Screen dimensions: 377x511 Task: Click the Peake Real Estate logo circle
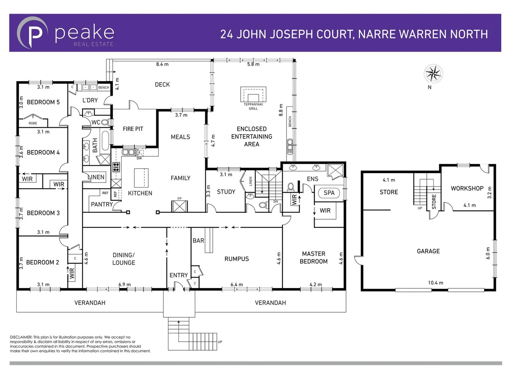[33, 32]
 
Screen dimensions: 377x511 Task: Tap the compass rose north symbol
[433, 74]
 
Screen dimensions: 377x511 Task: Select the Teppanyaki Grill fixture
[253, 94]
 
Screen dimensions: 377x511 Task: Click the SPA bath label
[329, 193]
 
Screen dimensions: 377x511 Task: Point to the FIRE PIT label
[133, 129]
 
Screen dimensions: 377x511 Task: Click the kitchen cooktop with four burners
[116, 167]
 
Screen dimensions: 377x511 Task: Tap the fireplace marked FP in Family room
[180, 206]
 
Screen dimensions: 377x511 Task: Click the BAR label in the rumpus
[198, 241]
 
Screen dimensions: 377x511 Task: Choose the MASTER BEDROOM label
[314, 258]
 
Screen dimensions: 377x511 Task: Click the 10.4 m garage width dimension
[436, 283]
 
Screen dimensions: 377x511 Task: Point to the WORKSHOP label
[467, 188]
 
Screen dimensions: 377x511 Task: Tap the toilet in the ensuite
[291, 187]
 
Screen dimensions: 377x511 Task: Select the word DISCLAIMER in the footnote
[21, 337]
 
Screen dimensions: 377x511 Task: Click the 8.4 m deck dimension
[162, 64]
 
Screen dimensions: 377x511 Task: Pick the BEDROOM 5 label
[43, 102]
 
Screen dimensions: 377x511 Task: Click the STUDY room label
[226, 192]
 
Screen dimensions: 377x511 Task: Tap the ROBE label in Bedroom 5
[33, 123]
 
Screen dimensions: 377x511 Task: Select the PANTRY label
[102, 205]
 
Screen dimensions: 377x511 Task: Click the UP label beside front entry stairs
[220, 342]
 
